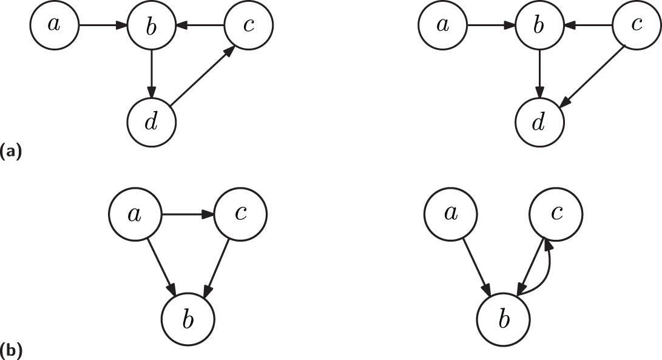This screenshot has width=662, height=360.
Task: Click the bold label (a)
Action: (11, 150)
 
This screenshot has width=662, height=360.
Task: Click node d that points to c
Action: (152, 122)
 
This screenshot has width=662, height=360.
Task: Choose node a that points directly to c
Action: (134, 214)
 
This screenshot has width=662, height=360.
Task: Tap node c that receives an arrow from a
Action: (241, 214)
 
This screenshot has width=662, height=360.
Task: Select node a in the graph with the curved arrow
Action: (450, 214)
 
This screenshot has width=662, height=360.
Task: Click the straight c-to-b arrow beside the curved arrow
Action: (531, 266)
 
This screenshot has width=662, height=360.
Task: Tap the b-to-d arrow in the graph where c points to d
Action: (540, 73)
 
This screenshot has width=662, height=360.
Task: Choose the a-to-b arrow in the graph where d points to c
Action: (103, 25)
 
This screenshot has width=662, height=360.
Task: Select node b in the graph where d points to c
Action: (152, 25)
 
